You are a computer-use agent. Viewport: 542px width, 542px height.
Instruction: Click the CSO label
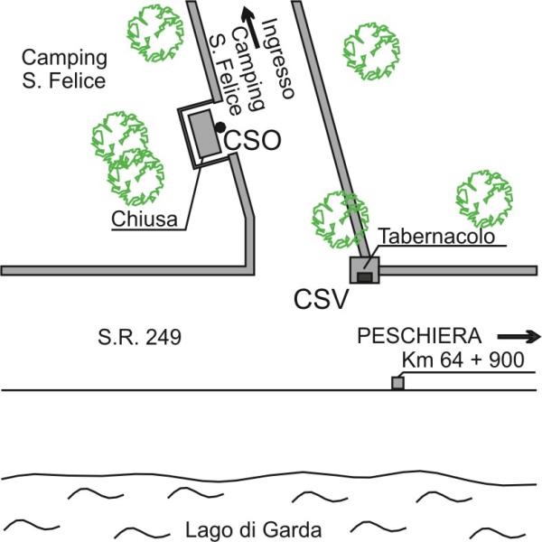[252, 140]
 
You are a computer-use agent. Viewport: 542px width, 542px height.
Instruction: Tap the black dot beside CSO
[220, 127]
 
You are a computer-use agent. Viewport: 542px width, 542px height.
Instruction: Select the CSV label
[321, 299]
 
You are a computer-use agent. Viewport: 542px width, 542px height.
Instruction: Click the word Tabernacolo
[437, 236]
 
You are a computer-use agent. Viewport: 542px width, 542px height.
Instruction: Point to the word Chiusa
[145, 219]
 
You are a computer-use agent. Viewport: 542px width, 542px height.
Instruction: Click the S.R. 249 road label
[139, 337]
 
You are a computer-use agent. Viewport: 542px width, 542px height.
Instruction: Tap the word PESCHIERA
[419, 336]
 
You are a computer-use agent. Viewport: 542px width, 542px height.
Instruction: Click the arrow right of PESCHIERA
[519, 337]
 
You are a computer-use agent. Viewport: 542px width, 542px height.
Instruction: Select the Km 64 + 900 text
[463, 360]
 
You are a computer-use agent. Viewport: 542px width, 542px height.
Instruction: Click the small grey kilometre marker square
[397, 383]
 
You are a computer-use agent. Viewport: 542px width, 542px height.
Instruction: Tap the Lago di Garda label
[253, 530]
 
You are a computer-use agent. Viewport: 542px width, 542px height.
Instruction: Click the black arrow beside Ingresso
[250, 27]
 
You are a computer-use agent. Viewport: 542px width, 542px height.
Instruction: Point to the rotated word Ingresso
[278, 59]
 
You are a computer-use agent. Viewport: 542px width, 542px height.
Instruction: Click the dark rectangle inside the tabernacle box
[365, 277]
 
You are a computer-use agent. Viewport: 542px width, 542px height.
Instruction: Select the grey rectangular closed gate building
[205, 134]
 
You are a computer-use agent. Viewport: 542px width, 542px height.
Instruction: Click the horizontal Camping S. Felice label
[64, 70]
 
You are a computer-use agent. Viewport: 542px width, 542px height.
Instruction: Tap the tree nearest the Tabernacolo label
[340, 220]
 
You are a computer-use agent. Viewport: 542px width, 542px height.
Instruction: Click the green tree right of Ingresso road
[371, 51]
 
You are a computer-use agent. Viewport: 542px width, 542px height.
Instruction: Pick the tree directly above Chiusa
[135, 177]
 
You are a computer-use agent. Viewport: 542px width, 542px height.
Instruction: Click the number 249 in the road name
[164, 337]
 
